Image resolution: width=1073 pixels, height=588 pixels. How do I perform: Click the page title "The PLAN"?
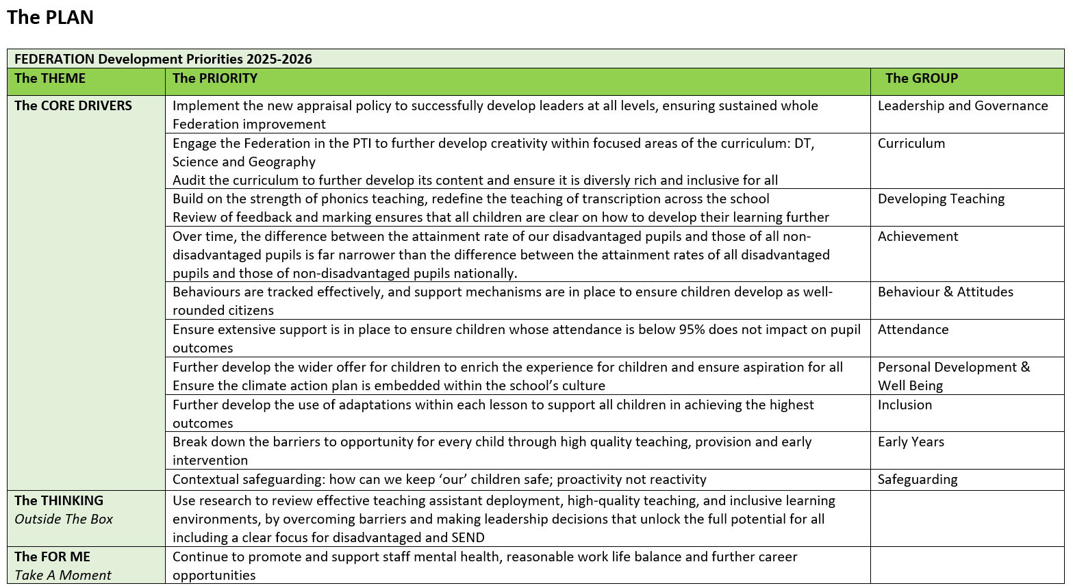(x=50, y=18)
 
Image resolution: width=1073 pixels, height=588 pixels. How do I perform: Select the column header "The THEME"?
(x=50, y=79)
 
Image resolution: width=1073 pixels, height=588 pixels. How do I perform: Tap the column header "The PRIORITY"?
(x=215, y=79)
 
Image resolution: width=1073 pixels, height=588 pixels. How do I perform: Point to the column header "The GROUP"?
(x=921, y=79)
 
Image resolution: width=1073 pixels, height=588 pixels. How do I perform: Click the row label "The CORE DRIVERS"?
(x=73, y=106)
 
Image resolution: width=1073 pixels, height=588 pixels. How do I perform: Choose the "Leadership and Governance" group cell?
(x=962, y=106)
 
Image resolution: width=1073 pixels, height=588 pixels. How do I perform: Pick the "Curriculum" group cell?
(x=911, y=144)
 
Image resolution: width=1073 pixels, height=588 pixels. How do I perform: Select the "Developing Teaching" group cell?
(x=941, y=199)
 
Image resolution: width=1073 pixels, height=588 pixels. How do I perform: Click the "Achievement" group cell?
(x=918, y=237)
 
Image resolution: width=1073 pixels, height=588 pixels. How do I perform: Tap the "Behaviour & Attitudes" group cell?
(x=945, y=292)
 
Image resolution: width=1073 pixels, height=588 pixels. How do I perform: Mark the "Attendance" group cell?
(x=913, y=330)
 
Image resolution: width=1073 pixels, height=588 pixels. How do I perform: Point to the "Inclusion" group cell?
(x=905, y=405)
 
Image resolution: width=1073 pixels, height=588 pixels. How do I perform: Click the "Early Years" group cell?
(x=911, y=442)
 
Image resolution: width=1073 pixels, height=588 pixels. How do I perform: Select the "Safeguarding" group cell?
(x=918, y=480)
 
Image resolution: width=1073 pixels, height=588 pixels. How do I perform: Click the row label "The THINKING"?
(x=59, y=501)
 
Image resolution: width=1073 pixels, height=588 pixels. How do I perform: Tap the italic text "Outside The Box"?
(x=64, y=520)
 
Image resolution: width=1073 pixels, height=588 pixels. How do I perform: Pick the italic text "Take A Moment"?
(x=63, y=576)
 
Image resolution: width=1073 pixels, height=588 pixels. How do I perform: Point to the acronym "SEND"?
(x=468, y=538)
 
